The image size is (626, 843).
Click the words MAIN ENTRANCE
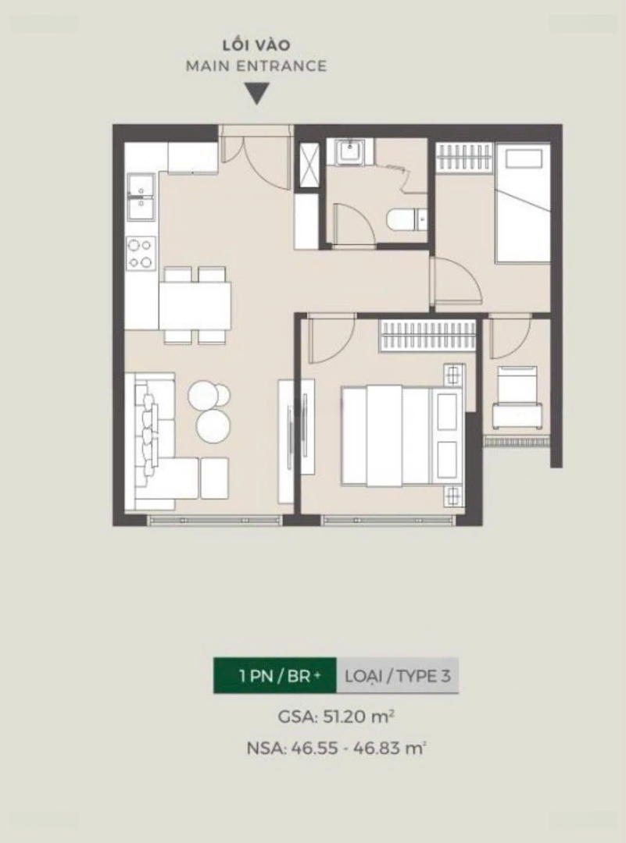(x=256, y=66)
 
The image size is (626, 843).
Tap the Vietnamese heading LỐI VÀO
(x=257, y=44)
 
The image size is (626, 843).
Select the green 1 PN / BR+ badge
(x=275, y=675)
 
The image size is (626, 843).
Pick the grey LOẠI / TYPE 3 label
(x=397, y=675)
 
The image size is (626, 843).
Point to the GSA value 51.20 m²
(x=336, y=717)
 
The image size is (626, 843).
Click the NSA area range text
(x=336, y=748)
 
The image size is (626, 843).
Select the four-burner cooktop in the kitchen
(x=141, y=253)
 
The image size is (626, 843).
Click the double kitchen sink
(x=141, y=196)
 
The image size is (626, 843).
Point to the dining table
(x=195, y=305)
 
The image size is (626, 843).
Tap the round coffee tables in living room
(x=210, y=411)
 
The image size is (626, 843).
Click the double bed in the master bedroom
(x=402, y=436)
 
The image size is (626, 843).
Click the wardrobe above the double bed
(x=428, y=336)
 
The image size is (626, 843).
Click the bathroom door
(x=353, y=225)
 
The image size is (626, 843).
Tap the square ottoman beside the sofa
(x=214, y=478)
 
